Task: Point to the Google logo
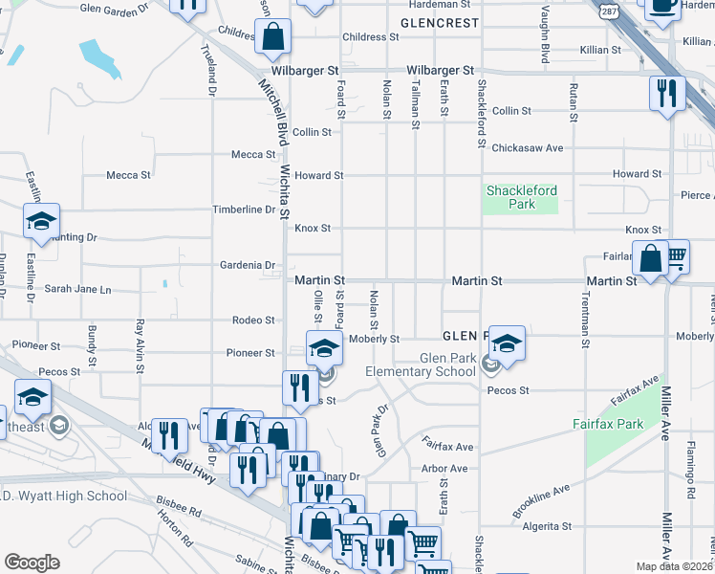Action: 32,562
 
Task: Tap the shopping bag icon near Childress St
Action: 273,37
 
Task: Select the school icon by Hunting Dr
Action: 42,221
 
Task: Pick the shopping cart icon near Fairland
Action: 676,255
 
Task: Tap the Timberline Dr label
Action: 244,210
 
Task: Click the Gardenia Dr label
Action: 248,265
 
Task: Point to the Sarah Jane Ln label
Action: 78,289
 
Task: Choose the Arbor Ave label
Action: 445,469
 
